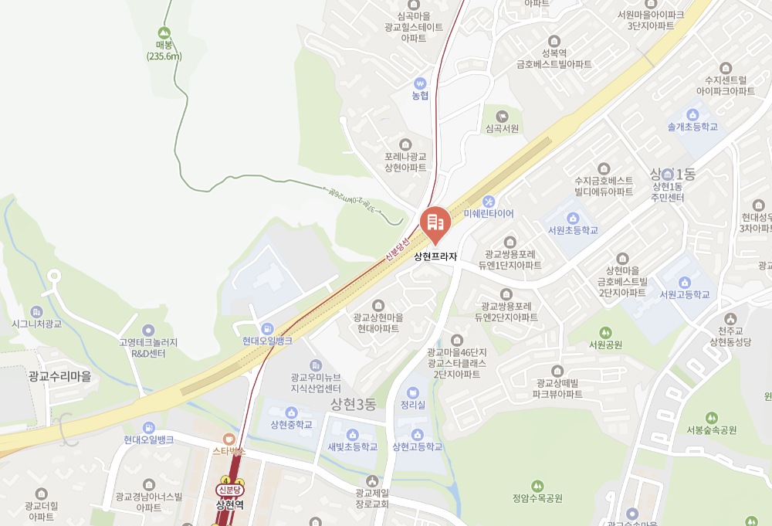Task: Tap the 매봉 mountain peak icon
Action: pos(164,32)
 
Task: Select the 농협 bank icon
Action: pos(420,82)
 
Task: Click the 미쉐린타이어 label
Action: pos(489,213)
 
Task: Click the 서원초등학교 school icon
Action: pos(573,217)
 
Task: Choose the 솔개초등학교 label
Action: pos(692,126)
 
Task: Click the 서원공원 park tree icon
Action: pos(604,332)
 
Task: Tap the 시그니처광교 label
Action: pos(36,324)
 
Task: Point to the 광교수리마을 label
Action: pos(59,376)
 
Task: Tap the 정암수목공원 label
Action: pos(537,498)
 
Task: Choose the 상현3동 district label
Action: pos(352,404)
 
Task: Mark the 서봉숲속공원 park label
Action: pos(711,430)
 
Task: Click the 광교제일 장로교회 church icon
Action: pos(373,480)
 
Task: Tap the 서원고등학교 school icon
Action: pos(684,281)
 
